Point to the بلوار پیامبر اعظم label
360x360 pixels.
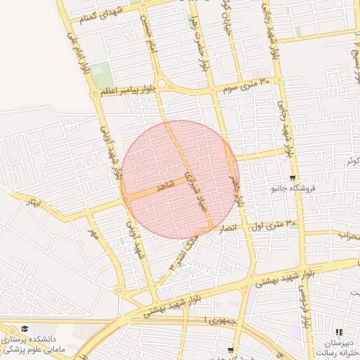[129, 91]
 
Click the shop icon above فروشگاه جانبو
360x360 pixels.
[292, 178]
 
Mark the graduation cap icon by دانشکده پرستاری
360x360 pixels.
[25, 329]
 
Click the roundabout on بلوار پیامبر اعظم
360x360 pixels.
[162, 84]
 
